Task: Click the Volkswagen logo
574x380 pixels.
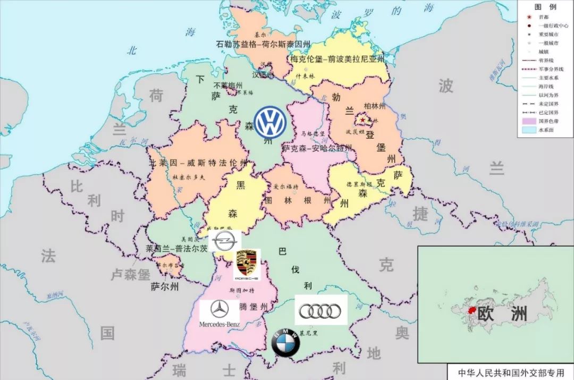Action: [270, 122]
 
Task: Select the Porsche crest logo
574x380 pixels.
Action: [247, 264]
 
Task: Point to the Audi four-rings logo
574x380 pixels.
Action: [320, 310]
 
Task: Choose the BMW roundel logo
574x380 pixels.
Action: [286, 342]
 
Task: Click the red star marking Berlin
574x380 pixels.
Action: [363, 120]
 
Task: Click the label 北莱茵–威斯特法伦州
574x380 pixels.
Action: [199, 163]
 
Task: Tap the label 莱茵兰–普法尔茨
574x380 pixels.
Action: [177, 248]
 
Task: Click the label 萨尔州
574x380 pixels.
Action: [164, 286]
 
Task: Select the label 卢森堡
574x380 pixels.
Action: [131, 275]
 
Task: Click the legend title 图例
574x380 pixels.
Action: [545, 7]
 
